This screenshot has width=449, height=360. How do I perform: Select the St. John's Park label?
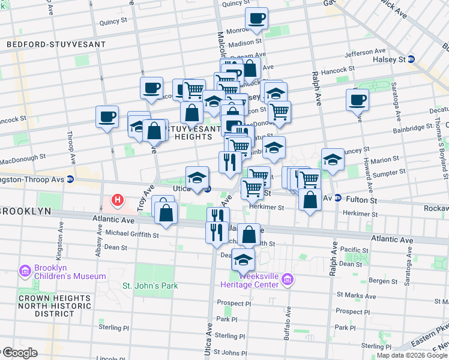[x=150, y=286]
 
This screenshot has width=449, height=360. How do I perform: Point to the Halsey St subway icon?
[x=411, y=59]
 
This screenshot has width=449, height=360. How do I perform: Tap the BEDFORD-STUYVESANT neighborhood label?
[x=56, y=44]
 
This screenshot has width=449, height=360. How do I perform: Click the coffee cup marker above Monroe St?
[x=256, y=19]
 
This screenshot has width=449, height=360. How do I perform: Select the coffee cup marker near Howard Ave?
[x=358, y=100]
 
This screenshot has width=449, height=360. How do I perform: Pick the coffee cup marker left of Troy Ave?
[x=107, y=116]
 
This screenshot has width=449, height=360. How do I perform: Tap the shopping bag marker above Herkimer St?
[x=309, y=200]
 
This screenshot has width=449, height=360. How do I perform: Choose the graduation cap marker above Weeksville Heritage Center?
[x=243, y=259]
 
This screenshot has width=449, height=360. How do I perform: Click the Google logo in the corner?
[x=19, y=353]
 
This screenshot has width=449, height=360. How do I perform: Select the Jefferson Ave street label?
[x=366, y=52]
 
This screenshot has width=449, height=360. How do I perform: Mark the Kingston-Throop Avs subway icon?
[x=70, y=179]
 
